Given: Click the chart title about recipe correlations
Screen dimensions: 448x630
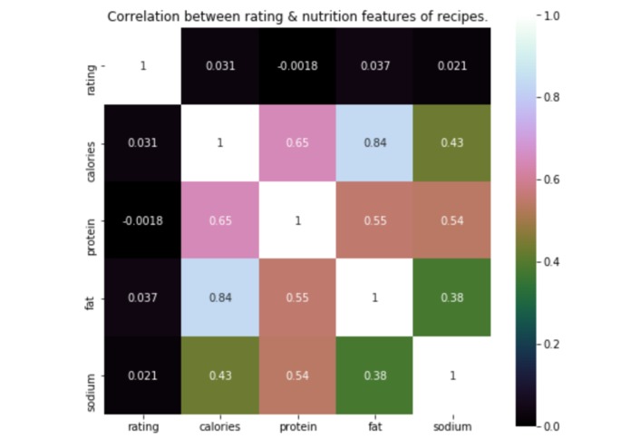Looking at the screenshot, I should tap(297, 16).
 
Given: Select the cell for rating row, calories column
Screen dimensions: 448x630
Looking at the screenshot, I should tap(220, 66).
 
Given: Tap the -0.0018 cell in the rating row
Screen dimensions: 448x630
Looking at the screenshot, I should tap(297, 66).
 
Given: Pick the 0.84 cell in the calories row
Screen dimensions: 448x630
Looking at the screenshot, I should tap(374, 143).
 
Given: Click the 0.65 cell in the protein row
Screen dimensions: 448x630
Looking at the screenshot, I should tap(220, 220).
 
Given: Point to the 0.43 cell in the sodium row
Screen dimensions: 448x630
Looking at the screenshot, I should tap(220, 375).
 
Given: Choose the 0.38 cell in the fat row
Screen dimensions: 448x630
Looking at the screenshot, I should tap(451, 297).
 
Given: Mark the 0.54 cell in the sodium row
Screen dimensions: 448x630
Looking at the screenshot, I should tap(297, 375).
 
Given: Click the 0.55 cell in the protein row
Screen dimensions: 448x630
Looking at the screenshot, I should tap(374, 220).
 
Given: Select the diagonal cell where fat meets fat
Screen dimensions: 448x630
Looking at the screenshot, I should tap(374, 297).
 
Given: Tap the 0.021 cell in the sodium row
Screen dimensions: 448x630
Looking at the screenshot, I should tap(143, 375).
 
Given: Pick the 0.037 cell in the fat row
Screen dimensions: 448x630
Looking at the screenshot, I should tap(143, 297).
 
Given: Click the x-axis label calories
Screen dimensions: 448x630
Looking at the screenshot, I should tap(220, 424).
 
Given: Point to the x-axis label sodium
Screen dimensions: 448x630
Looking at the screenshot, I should tap(451, 424).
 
